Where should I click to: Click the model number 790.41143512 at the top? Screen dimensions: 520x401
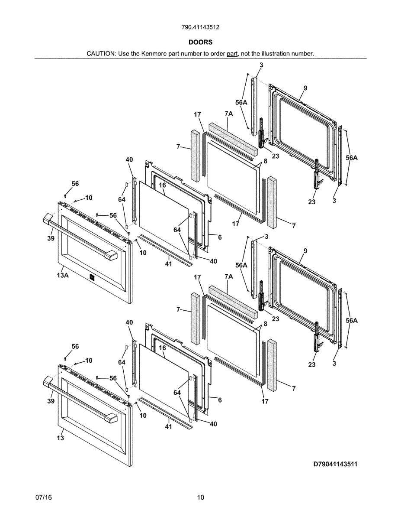tap(200, 27)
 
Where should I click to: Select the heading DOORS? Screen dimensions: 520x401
tap(200, 42)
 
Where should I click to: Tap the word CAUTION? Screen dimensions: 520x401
tap(101, 54)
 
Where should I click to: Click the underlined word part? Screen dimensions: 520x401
tap(232, 54)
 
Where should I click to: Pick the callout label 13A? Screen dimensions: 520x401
tap(63, 275)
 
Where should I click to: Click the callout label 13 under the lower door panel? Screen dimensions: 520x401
tap(60, 438)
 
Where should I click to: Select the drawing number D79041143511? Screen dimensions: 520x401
tap(336, 465)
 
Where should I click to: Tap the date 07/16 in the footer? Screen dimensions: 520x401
tap(44, 497)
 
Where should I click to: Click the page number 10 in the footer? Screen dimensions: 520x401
tap(200, 497)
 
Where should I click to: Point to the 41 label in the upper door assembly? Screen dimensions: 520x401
tap(168, 264)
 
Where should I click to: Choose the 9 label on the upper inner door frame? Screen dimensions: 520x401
tap(305, 88)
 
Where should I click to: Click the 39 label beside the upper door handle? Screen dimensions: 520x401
tap(51, 238)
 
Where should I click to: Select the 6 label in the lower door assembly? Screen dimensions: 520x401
tap(220, 400)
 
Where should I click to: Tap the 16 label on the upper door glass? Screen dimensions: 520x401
tap(162, 185)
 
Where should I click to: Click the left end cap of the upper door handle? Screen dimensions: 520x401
tap(48, 219)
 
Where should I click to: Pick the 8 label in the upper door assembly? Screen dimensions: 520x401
tap(265, 161)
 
